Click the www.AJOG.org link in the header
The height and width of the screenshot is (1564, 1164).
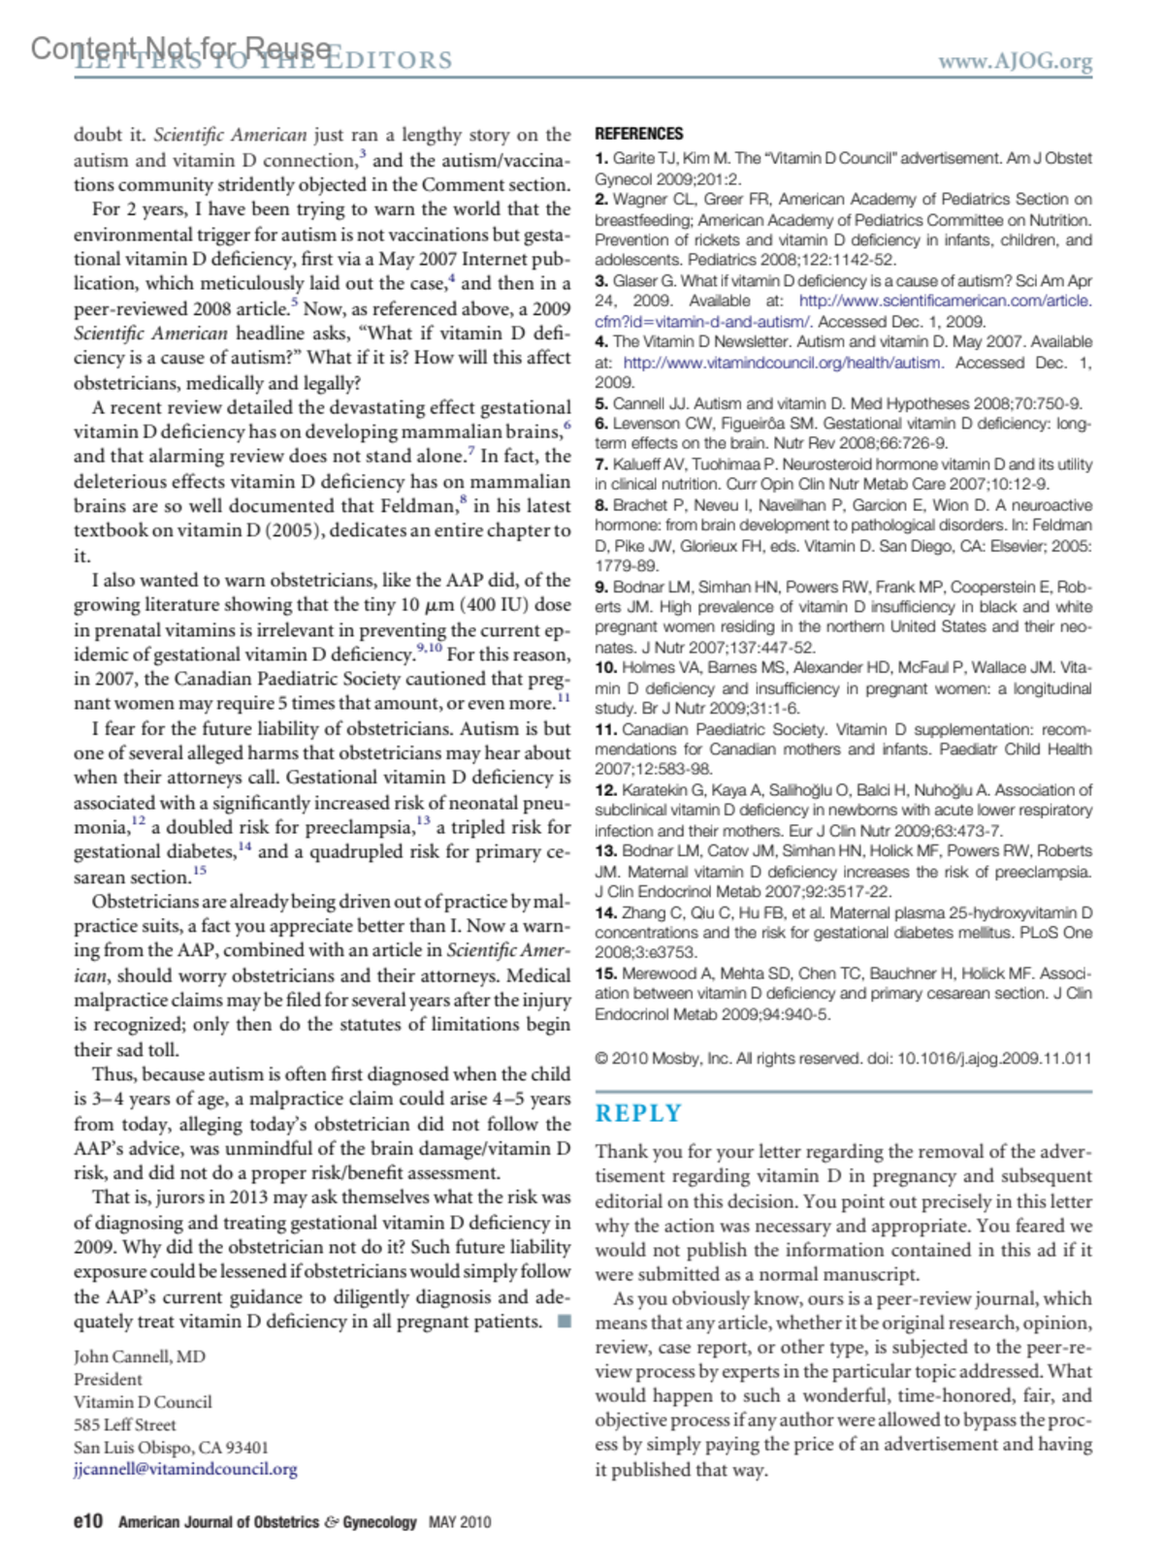[x=1015, y=61]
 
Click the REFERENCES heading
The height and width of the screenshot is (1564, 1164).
[x=638, y=134]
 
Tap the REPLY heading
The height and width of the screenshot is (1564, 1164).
[x=638, y=1113]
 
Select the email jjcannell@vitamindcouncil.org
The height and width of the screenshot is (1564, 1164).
[x=185, y=1469]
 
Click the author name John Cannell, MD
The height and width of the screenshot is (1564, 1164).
[x=140, y=1357]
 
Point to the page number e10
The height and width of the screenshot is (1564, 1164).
[x=87, y=1521]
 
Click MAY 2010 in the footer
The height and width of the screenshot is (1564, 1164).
[x=460, y=1522]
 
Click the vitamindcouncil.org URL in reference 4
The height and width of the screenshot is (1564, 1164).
[x=782, y=363]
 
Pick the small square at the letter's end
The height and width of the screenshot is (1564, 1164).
[x=565, y=1322]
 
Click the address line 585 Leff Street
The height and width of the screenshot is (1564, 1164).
[x=125, y=1424]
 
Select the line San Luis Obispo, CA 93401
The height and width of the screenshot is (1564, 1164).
[x=171, y=1447]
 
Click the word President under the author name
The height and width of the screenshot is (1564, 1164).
[x=108, y=1379]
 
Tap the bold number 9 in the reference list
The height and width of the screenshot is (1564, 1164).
[x=601, y=587]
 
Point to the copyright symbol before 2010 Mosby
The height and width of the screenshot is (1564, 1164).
[x=601, y=1058]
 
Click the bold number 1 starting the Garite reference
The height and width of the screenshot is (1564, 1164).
[x=601, y=158]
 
